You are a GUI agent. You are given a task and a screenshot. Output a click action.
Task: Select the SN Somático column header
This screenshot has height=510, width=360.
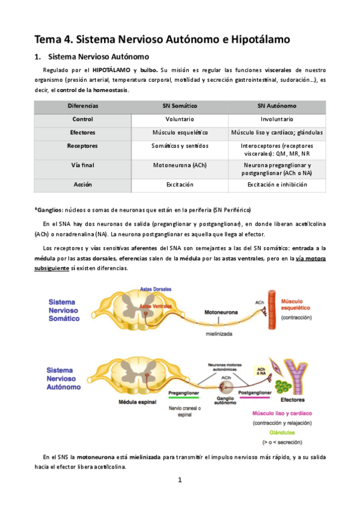(180, 106)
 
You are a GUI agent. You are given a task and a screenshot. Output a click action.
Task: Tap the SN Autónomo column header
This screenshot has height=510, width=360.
(276, 106)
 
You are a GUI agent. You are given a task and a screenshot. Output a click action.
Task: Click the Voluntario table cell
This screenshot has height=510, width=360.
(180, 119)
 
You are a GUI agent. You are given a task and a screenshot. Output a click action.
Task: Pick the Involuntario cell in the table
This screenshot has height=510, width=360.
(276, 119)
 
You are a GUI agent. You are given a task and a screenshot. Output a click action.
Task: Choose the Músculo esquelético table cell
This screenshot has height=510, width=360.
(180, 132)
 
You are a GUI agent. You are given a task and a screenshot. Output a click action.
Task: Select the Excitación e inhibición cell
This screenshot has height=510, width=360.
(276, 184)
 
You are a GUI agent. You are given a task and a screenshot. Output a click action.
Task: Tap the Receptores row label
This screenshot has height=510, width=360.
(82, 146)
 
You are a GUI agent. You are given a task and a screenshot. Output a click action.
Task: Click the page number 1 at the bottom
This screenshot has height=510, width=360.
(180, 480)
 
